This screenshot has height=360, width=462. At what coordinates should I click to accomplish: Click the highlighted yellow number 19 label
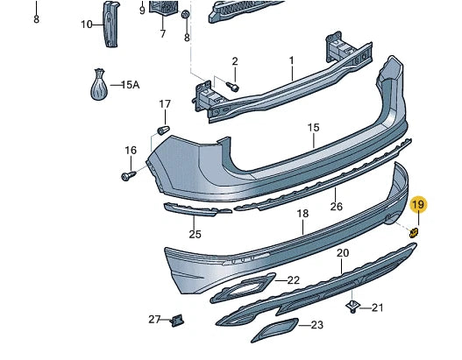[x=418, y=205]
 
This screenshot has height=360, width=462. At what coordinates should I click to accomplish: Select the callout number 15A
[x=130, y=85]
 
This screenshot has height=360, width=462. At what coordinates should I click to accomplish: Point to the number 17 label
[x=164, y=104]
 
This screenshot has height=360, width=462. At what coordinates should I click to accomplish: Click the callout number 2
[x=234, y=60]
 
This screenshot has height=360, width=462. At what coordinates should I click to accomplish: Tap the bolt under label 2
[x=232, y=85]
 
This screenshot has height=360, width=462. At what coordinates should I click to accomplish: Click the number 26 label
[x=335, y=207]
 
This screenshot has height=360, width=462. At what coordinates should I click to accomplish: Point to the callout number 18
[x=302, y=213]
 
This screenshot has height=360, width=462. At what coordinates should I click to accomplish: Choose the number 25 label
[x=195, y=234]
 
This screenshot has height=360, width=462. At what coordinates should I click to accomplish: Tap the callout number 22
[x=293, y=280]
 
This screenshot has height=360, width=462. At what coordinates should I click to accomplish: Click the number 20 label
[x=343, y=253]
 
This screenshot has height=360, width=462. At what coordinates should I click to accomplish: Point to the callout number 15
[x=313, y=128]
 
